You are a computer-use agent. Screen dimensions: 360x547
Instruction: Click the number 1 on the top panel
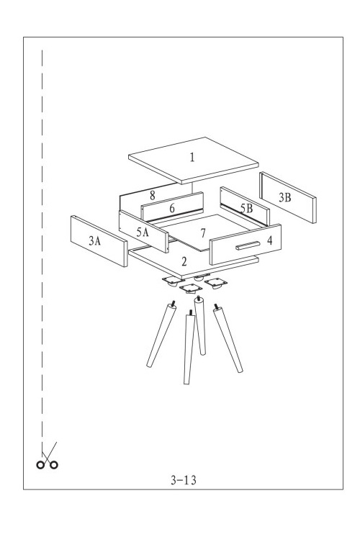pos(192,158)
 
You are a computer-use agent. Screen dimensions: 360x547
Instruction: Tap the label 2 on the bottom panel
pos(184,261)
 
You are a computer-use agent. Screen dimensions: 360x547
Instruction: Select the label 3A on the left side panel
pos(94,240)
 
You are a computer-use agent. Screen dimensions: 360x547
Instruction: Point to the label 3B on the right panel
pos(284,197)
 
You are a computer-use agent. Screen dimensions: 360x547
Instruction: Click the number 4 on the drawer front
pos(269,240)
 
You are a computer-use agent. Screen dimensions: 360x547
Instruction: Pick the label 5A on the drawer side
pos(143,232)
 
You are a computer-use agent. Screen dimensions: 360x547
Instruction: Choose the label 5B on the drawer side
pos(246,208)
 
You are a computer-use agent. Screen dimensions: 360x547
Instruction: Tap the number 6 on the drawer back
pos(172,208)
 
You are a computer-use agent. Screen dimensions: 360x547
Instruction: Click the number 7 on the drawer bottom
pos(203,232)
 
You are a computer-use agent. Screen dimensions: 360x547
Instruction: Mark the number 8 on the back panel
pos(152,195)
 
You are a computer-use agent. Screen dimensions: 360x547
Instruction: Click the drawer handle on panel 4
pos(248,245)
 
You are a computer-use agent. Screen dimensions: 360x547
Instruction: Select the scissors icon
pos(48,456)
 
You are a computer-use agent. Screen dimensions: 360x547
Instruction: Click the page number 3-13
pos(184,480)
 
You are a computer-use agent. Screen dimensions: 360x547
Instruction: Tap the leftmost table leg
pos(161,335)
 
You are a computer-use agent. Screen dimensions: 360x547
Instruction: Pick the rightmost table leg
pos(228,338)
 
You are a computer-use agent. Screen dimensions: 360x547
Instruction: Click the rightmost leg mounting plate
pos(216,282)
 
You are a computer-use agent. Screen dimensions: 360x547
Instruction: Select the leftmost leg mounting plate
pos(174,281)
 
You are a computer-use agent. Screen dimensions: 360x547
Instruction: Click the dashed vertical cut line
pos(42,251)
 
